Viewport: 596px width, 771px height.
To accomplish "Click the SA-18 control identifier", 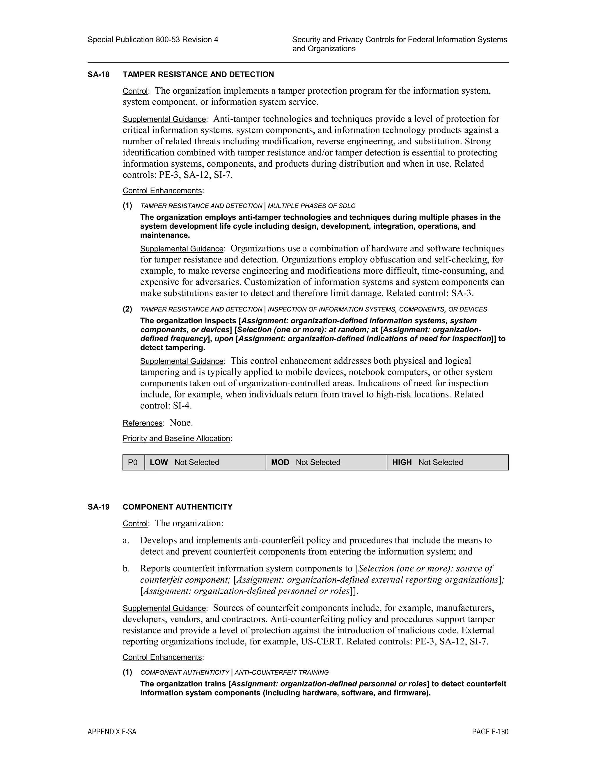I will coord(99,74).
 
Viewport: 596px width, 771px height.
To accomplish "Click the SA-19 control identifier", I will coord(99,507).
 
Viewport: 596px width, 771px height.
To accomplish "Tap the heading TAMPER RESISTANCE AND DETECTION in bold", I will coord(198,74).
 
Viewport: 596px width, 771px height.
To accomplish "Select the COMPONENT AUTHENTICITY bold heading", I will coord(178,507).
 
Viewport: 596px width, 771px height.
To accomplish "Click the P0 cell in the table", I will coord(133,463).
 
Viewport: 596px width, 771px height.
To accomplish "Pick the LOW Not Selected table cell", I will coord(205,463).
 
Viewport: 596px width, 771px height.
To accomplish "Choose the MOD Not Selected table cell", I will coord(326,463).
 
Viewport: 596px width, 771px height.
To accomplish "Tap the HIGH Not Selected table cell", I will coord(447,463).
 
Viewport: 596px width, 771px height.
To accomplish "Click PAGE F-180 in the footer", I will coord(490,732).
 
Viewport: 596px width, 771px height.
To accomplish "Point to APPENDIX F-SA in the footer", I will coord(112,732).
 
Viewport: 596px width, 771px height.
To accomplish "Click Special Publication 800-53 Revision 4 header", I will coord(153,40).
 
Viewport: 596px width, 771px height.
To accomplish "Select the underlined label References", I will coord(142,423).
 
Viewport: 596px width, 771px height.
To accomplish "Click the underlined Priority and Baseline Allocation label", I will coord(176,438).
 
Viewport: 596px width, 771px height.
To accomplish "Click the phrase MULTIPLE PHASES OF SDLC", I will coord(311,206).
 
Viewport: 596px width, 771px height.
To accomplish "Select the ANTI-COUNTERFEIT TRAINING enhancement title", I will coord(281,672).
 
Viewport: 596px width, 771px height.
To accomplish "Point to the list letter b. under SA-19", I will coord(126,569).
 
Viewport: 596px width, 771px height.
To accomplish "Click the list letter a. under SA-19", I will coord(126,541).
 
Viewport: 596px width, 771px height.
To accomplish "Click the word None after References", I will coord(181,422).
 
